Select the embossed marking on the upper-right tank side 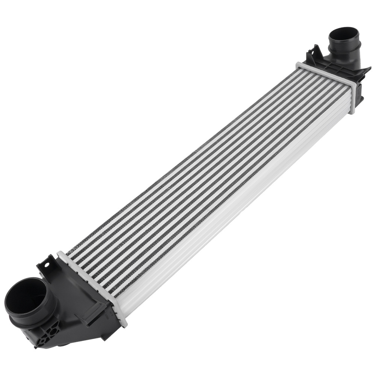359,90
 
